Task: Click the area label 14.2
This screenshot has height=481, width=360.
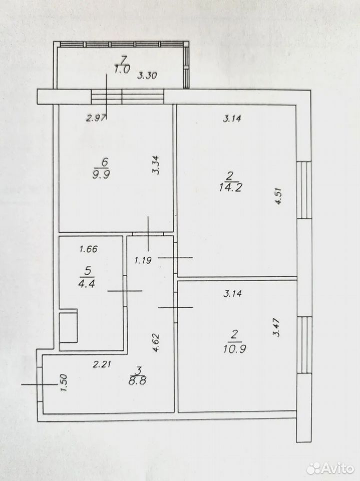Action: pyautogui.click(x=231, y=187)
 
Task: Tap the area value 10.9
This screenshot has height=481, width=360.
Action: pyautogui.click(x=235, y=349)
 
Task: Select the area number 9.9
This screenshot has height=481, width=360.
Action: pyautogui.click(x=101, y=174)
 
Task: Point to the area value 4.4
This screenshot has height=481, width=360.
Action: pyautogui.click(x=87, y=283)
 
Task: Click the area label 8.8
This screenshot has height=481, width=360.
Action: pyautogui.click(x=137, y=381)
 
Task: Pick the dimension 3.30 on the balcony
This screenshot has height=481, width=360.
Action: pyautogui.click(x=147, y=76)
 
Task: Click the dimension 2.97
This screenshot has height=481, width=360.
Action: pyautogui.click(x=96, y=118)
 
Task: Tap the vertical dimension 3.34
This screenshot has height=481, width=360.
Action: pyautogui.click(x=156, y=165)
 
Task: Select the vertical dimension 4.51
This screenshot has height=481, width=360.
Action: pyautogui.click(x=278, y=196)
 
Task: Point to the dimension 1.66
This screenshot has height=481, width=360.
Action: pyautogui.click(x=88, y=249)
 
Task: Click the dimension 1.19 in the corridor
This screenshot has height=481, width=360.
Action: pyautogui.click(x=143, y=261)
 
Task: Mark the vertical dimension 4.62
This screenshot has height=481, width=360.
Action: pyautogui.click(x=156, y=342)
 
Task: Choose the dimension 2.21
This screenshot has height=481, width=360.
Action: pyautogui.click(x=102, y=364)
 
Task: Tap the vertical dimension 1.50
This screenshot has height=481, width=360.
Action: pyautogui.click(x=64, y=382)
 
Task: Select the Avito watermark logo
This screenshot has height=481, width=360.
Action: pyautogui.click(x=330, y=468)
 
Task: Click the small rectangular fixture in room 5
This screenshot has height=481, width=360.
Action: pyautogui.click(x=68, y=327)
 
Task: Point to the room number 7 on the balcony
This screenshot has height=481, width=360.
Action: pyautogui.click(x=124, y=59)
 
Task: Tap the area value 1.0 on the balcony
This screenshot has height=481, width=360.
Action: pyautogui.click(x=122, y=70)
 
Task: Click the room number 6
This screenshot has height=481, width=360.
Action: pyautogui.click(x=105, y=162)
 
